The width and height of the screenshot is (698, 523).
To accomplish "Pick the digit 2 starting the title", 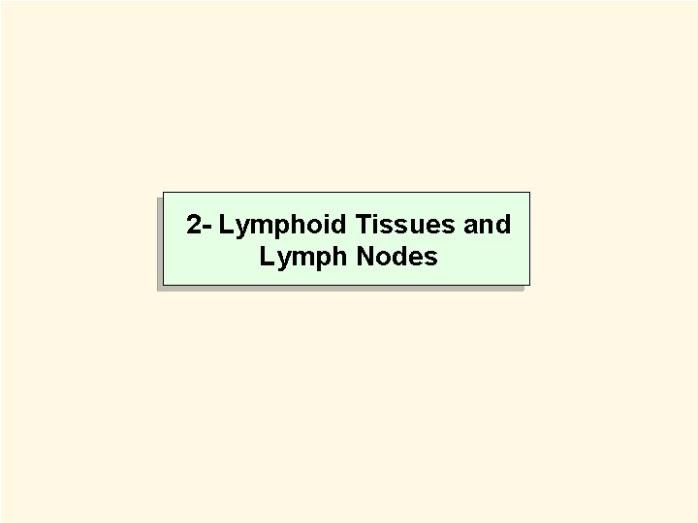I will [195, 226].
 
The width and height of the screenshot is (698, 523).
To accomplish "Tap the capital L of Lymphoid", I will [226, 226].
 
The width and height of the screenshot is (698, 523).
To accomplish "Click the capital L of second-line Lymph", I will [266, 258].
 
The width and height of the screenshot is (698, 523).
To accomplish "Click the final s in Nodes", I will [432, 259].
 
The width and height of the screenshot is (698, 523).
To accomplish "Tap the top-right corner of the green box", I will [530, 192].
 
